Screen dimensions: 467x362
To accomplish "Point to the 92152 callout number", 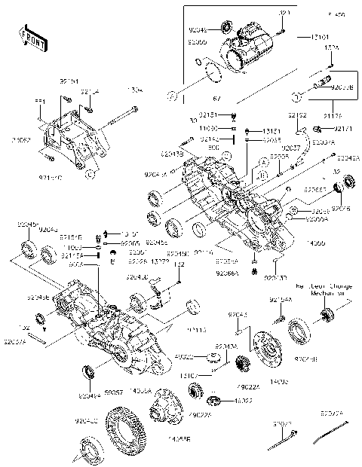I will tap(296, 115).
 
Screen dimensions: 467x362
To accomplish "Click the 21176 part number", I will tap(332, 115).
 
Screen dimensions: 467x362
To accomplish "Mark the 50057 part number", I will tap(114, 393).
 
